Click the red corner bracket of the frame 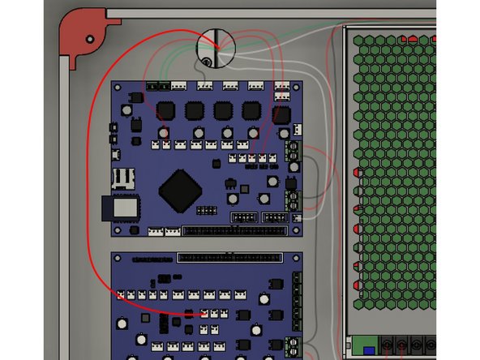coord(81,36)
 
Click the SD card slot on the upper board coord(123,177)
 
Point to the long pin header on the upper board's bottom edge coord(234,231)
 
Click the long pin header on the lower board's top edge coord(229,258)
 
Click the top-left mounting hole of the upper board coord(118,87)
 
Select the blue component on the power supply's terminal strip coord(358,351)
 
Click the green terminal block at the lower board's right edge coord(296,308)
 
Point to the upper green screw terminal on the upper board coord(293,152)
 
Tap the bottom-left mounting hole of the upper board coord(118,230)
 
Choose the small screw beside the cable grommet coord(208,62)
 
